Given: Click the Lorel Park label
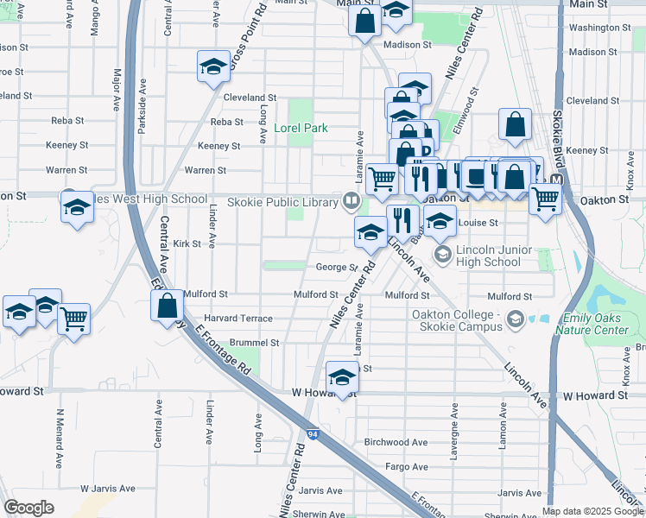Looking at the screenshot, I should click(301, 128).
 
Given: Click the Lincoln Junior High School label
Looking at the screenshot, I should click(490, 256).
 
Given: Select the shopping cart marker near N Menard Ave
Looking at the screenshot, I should click(74, 318).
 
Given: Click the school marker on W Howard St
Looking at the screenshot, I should click(342, 377).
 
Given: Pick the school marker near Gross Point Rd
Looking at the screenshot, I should click(212, 67).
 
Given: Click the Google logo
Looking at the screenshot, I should click(29, 508).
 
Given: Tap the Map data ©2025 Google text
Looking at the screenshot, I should click(592, 511).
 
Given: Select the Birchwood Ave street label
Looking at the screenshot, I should click(396, 442).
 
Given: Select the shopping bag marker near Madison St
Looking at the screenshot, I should click(364, 20).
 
